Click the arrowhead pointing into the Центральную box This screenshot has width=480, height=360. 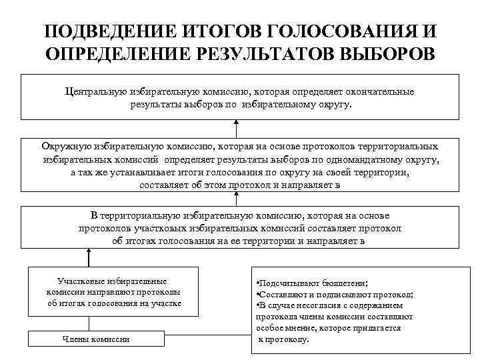[x=235, y=123]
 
